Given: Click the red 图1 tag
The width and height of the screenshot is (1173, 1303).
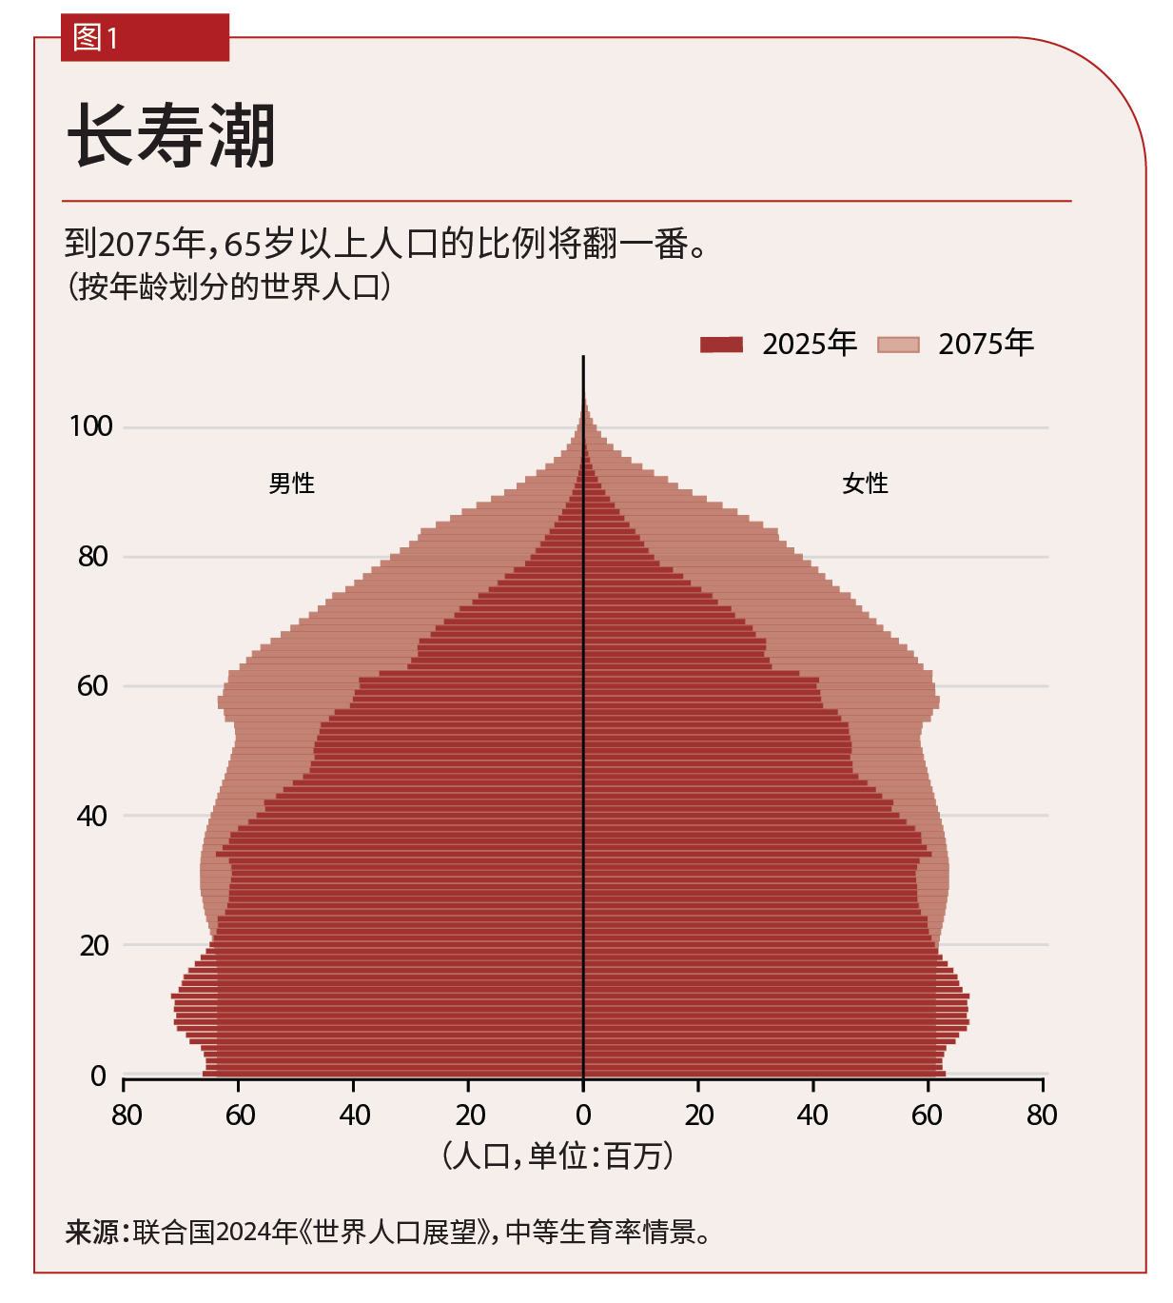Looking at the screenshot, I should click(145, 38).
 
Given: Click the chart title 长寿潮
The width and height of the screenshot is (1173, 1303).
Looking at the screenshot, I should click(171, 136).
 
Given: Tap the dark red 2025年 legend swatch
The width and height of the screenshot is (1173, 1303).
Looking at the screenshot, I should click(721, 345).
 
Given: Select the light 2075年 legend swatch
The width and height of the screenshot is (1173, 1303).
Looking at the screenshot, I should click(898, 345).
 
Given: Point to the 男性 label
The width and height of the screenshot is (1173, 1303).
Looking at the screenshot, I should click(291, 484).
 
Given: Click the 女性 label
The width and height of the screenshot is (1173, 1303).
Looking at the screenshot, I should click(865, 484).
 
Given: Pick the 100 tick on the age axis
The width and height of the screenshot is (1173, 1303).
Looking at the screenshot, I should click(91, 426).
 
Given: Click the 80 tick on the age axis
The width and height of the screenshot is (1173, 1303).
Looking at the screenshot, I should click(93, 557).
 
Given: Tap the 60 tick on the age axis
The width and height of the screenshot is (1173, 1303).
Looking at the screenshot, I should click(93, 686).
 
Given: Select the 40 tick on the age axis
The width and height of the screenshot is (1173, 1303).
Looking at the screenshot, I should click(93, 816).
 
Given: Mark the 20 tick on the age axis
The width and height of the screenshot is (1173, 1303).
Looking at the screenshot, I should click(94, 946).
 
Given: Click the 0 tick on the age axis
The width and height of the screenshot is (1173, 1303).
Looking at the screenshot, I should click(98, 1076).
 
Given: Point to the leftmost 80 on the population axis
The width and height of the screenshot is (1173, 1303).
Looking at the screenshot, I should click(127, 1115).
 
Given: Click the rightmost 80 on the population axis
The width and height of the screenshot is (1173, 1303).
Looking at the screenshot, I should click(1042, 1115).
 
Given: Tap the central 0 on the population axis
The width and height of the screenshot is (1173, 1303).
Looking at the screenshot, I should click(583, 1115).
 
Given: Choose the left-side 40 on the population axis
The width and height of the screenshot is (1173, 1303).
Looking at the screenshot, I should click(355, 1115).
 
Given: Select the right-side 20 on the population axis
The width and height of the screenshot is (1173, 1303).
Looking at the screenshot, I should click(699, 1115).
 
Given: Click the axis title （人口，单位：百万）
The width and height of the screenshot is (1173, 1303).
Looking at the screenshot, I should click(558, 1156).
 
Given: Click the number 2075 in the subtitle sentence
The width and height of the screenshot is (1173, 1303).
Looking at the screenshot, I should click(134, 245).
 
